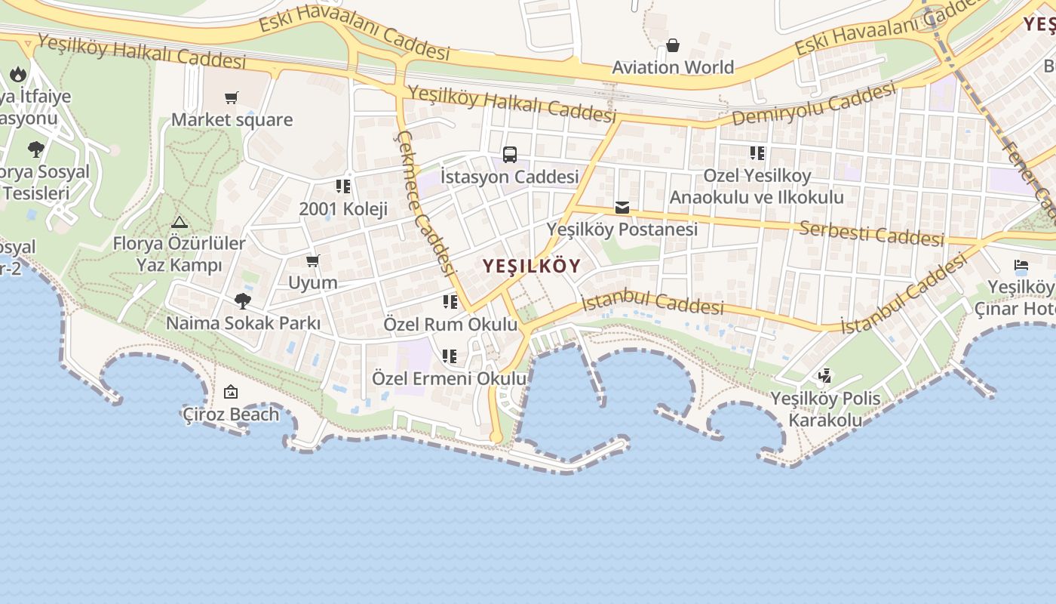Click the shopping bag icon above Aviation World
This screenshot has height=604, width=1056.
[673, 46]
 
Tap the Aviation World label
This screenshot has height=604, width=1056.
[673, 67]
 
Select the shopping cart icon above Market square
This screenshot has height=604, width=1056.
[232, 97]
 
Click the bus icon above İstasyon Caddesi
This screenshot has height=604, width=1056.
[510, 155]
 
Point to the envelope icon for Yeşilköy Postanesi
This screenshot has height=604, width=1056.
[622, 207]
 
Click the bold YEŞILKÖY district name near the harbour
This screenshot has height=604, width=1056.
[532, 266]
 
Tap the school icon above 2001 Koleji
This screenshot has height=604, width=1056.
[343, 186]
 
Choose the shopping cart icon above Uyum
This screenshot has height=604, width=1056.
[313, 261]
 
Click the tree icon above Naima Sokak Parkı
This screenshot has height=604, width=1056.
[243, 301]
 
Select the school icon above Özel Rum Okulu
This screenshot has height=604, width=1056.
[450, 303]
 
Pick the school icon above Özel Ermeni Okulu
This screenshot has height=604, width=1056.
[450, 356]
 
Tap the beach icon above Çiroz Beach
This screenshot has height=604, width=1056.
[231, 392]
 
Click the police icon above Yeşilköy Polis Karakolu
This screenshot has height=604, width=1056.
[825, 375]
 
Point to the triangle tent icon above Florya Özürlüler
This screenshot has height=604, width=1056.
[179, 222]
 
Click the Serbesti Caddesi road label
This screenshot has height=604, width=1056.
[871, 233]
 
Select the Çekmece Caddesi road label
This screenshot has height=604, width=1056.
[425, 202]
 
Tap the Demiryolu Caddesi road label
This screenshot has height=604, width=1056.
[814, 105]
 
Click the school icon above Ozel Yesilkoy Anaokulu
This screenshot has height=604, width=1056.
[757, 154]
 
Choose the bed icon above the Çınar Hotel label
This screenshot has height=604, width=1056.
[1021, 266]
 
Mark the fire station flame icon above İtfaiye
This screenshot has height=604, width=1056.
[18, 74]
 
